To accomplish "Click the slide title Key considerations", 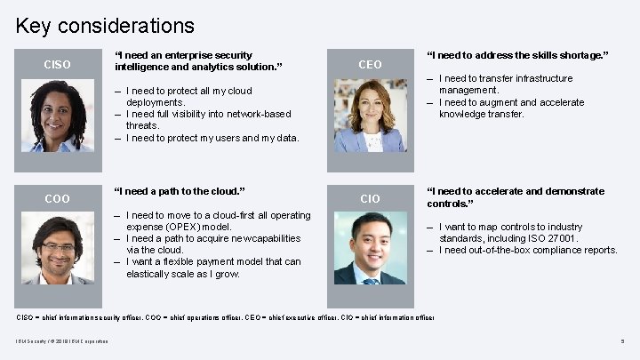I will point(105,26).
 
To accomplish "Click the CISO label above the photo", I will point(58,64).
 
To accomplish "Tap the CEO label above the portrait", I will point(370,64).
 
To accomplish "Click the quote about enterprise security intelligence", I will point(198,60).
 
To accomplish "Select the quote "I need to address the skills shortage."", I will point(517,55).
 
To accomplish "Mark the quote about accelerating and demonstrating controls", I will point(516,196).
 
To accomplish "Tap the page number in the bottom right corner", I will point(620,342).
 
